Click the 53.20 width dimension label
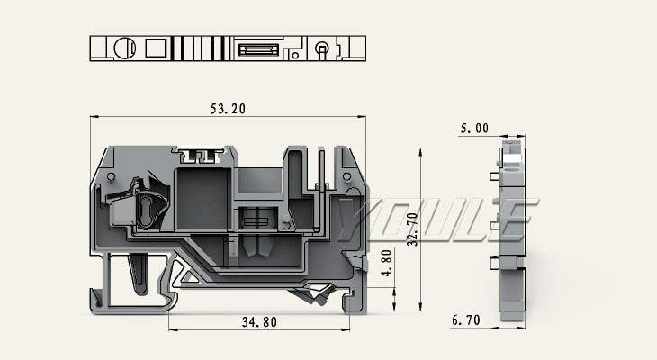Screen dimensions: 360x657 coord(228,109)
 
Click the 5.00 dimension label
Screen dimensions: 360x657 coord(474,130)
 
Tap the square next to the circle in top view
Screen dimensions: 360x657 coord(155,47)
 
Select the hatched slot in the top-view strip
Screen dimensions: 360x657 coord(261,47)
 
